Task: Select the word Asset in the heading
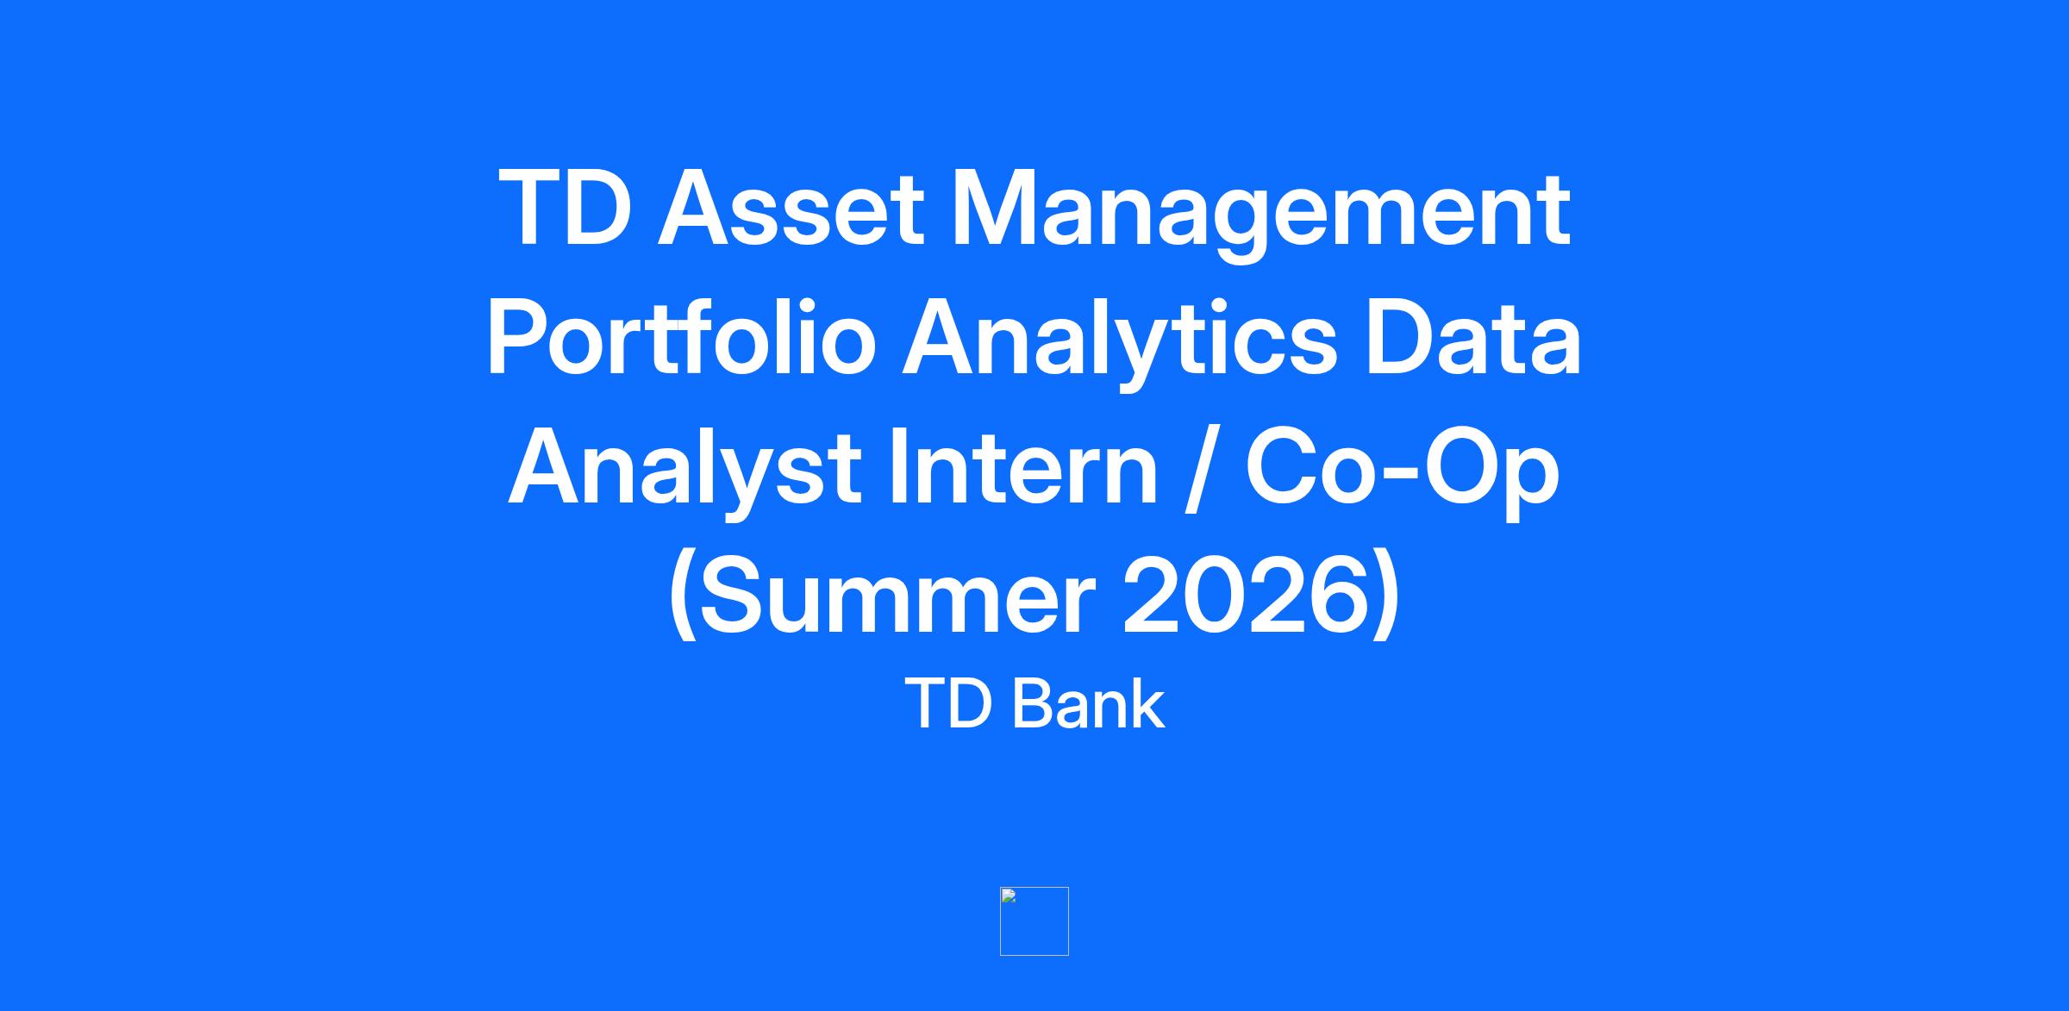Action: (791, 207)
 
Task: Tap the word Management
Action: (1260, 214)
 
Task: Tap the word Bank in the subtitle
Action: (1088, 703)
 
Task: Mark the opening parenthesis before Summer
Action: (683, 596)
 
